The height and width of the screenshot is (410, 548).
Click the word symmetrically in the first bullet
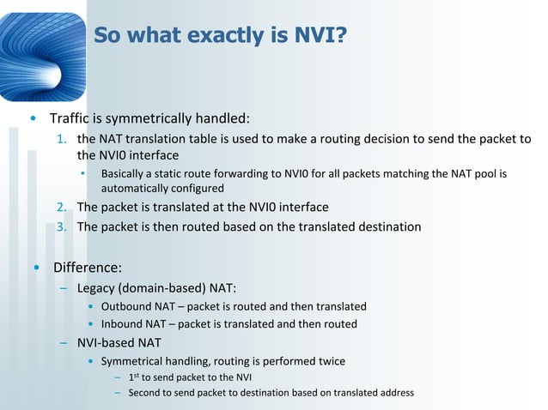coord(149,118)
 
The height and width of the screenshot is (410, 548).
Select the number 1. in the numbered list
coord(62,140)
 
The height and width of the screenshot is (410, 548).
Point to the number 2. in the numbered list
coord(62,208)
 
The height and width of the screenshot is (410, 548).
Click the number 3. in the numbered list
coord(62,227)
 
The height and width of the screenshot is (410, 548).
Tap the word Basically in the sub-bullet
coord(126,174)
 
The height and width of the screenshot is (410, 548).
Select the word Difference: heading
coord(87,267)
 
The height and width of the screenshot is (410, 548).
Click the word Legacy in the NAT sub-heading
coord(96,286)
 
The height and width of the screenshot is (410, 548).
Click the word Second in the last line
coord(145,393)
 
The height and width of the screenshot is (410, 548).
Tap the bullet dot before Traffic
coord(33,118)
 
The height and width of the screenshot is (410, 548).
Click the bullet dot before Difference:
coord(35,267)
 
